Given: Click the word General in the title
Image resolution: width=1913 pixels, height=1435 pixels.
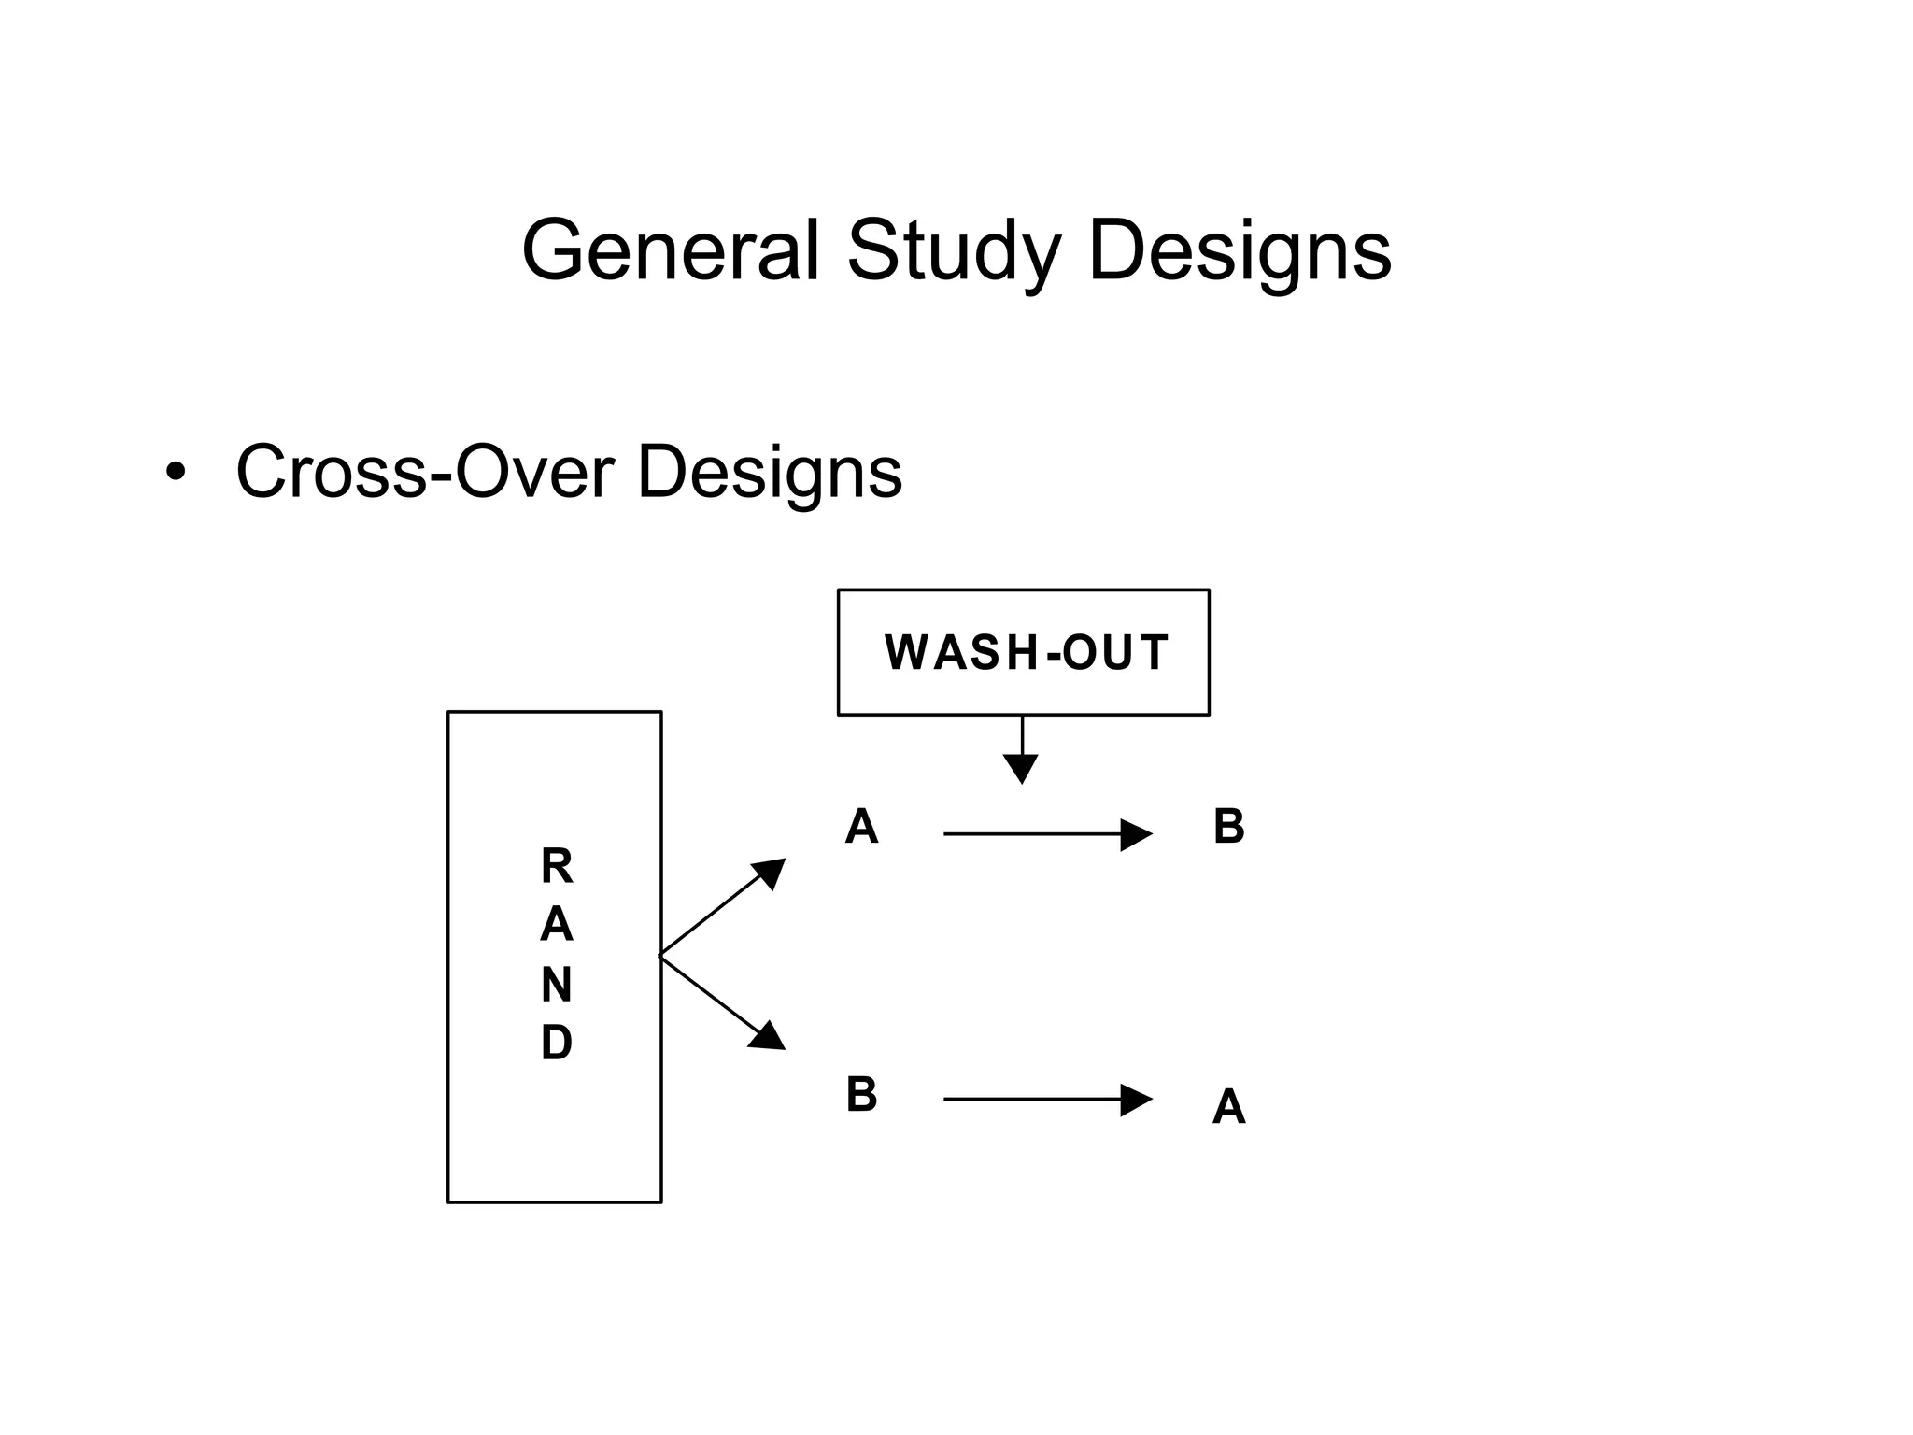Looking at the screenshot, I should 670,250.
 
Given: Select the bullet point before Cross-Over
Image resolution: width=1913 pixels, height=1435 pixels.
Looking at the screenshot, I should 175,473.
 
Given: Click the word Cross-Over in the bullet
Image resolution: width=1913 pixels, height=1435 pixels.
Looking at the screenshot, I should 425,472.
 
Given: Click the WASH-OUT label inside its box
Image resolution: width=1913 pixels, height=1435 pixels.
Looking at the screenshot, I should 1026,652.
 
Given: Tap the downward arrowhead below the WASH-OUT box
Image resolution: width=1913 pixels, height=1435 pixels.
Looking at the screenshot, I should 1021,768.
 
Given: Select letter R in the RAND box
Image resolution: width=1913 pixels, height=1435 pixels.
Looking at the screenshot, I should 557,867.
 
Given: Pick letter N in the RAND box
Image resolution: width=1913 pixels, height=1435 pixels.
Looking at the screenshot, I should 557,985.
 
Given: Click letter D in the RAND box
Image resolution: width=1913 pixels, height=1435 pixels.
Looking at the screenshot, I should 557,1043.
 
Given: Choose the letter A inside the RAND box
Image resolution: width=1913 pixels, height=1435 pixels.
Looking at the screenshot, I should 557,926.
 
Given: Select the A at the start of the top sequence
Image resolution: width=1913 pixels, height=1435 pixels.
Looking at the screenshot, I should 861,828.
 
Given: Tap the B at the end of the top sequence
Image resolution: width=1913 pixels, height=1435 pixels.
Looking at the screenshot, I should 1228,828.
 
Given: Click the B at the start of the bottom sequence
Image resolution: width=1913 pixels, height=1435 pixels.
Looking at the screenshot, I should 861,1095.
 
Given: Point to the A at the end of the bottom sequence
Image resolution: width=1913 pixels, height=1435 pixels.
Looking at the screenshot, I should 1228,1108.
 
